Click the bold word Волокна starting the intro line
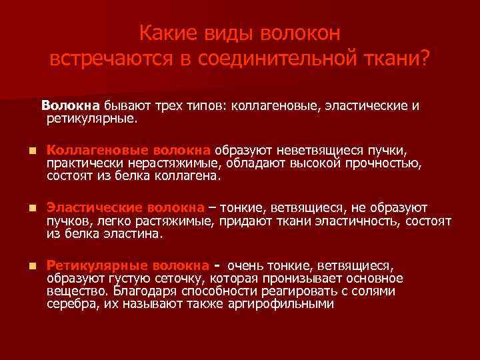click(x=71, y=105)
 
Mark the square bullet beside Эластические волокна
click(x=24, y=208)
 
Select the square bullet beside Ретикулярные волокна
click(x=24, y=265)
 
